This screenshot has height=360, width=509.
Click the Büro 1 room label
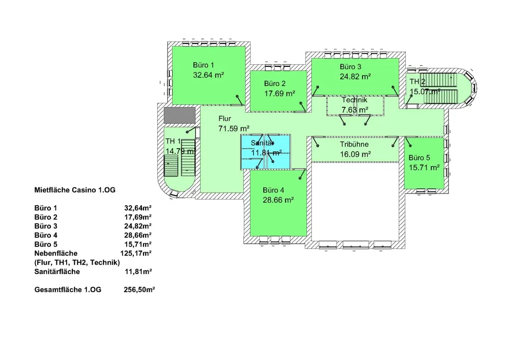pos(203,65)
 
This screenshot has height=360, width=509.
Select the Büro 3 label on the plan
pos(351,67)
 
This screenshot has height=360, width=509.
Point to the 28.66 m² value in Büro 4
pos(278,200)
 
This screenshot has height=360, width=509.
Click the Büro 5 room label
pos(419,157)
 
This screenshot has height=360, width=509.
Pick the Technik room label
pos(355,100)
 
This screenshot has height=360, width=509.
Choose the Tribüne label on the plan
pos(354,144)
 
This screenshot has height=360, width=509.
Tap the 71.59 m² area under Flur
pos(233,128)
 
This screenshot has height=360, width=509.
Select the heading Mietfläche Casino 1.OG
pos(74,190)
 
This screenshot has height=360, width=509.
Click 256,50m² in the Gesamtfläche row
pos(139,290)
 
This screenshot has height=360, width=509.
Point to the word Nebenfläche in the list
pos(56,253)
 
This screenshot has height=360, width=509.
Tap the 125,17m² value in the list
pos(137,253)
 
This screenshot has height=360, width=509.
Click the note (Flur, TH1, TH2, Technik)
pos(77,262)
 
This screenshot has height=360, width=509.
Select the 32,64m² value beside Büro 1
pos(139,208)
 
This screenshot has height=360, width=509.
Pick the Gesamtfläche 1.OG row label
pos(68,290)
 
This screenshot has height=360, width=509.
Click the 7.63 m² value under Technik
pos(355,109)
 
